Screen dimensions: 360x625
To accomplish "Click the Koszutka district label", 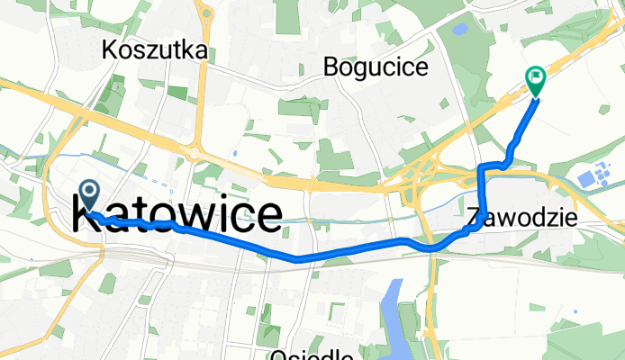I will pyautogui.click(x=156, y=49).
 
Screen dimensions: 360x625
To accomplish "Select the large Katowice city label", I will pyautogui.click(x=177, y=217).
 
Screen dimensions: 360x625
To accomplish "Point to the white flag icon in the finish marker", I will pyautogui.click(x=536, y=77).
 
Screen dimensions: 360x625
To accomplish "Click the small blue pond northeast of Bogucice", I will pyautogui.click(x=459, y=29).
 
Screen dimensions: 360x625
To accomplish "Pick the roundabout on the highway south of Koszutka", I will pyautogui.click(x=195, y=154).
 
